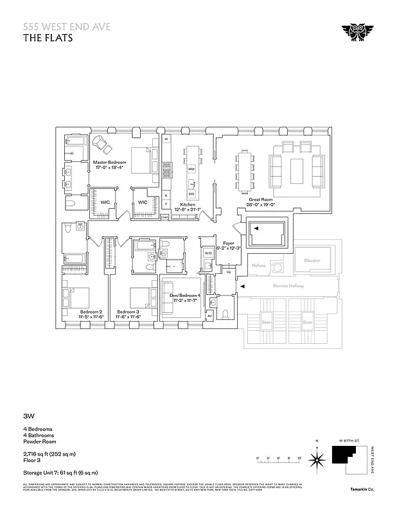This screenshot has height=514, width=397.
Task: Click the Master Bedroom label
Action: (109, 163)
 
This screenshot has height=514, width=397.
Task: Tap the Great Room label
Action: (261, 200)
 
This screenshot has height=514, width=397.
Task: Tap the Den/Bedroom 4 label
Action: (186, 296)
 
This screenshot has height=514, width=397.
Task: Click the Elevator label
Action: (312, 260)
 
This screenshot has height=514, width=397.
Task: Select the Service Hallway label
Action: (288, 286)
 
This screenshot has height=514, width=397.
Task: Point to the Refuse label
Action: (258, 265)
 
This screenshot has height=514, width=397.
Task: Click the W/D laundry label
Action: (208, 253)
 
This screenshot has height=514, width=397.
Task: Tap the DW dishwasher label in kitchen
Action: (191, 193)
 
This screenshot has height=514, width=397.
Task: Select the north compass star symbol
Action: (316, 459)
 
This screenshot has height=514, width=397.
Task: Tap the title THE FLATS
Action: (48, 37)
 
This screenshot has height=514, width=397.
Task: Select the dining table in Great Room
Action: (245, 167)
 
